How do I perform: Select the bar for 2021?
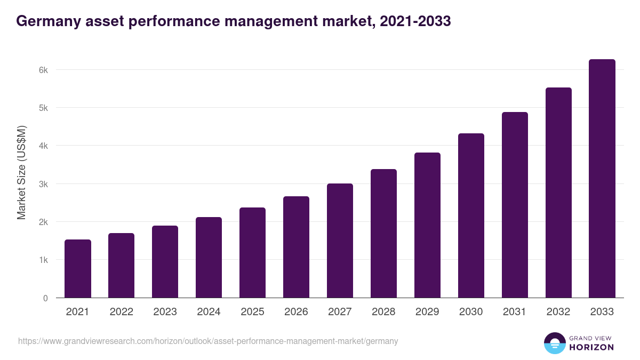pyautogui.click(x=78, y=269)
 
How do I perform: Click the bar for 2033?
pyautogui.click(x=602, y=179)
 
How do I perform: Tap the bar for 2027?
pyautogui.click(x=340, y=241)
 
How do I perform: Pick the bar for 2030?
pyautogui.click(x=471, y=215)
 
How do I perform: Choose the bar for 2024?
pyautogui.click(x=209, y=258)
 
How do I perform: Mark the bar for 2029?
pyautogui.click(x=427, y=225)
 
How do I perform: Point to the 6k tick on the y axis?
pyautogui.click(x=43, y=70)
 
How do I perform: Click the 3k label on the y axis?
pyautogui.click(x=43, y=184)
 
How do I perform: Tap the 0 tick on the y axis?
pyautogui.click(x=45, y=298)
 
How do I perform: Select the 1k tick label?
pyautogui.click(x=43, y=260)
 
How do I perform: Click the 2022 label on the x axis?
pyautogui.click(x=121, y=312)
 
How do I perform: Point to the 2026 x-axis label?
pyautogui.click(x=296, y=312)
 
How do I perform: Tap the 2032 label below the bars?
pyautogui.click(x=558, y=312)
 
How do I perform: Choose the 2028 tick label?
pyautogui.click(x=383, y=312)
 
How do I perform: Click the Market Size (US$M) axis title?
pyautogui.click(x=21, y=172)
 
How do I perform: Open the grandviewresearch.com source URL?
pyautogui.click(x=208, y=341)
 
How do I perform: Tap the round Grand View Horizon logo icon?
pyautogui.click(x=554, y=343)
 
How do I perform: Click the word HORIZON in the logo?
pyautogui.click(x=591, y=347)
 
